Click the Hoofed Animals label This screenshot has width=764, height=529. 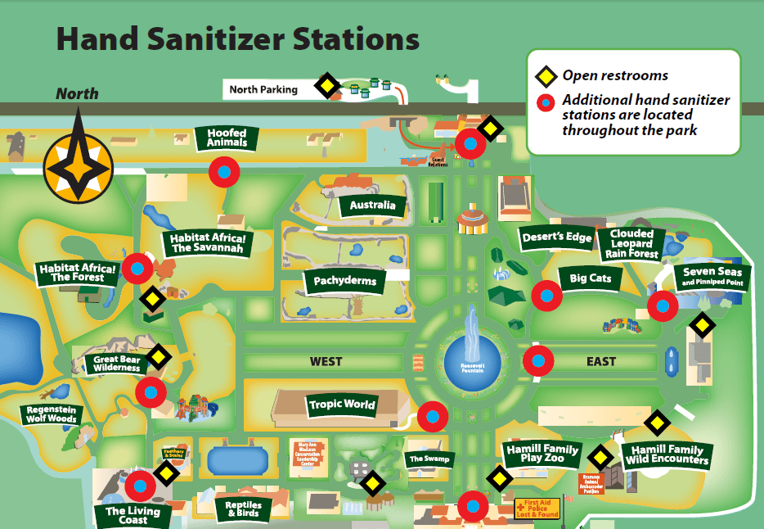(x=227, y=138)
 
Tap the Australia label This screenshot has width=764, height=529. (x=372, y=205)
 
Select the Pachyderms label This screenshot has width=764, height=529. (x=345, y=281)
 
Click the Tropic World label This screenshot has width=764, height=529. (x=342, y=404)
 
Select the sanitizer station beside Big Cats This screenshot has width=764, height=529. (x=546, y=295)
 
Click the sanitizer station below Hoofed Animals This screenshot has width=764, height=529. (x=223, y=172)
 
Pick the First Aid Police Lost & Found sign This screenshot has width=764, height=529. (x=536, y=509)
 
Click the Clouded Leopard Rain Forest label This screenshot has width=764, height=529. (x=631, y=243)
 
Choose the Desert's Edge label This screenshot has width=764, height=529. (x=556, y=237)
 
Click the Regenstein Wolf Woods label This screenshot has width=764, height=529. (x=52, y=414)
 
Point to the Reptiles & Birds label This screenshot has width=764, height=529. (x=243, y=508)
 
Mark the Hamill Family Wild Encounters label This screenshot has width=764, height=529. (x=665, y=454)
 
